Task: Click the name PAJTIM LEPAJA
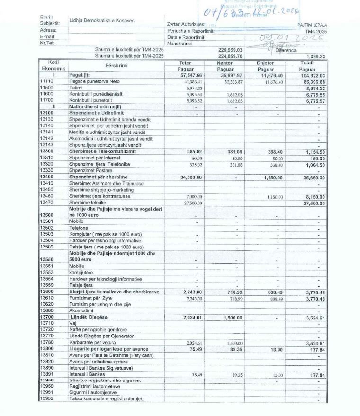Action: pyautogui.click(x=312, y=25)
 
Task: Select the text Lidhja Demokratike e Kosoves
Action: pyautogui.click(x=101, y=20)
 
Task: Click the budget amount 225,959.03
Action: pyautogui.click(x=230, y=49)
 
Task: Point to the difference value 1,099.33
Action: pyautogui.click(x=315, y=56)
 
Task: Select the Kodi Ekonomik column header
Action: pyautogui.click(x=54, y=65)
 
